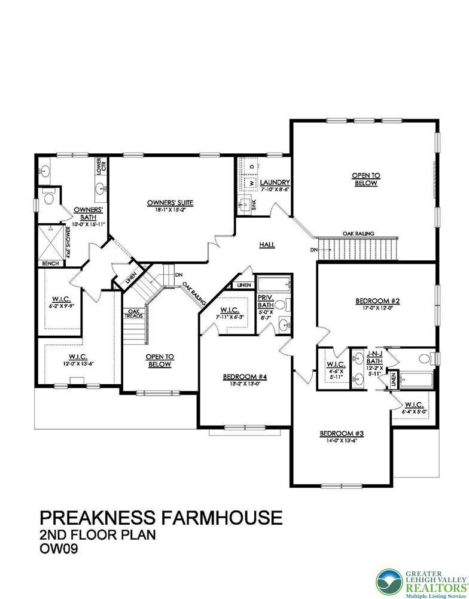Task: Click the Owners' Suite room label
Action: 170,202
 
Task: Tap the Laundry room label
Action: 275,183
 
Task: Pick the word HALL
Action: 267,244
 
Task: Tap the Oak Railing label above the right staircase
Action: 359,233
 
